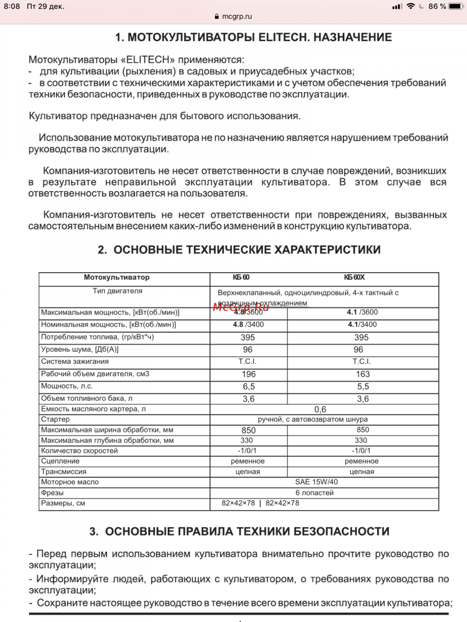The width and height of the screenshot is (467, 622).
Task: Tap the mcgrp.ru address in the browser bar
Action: (236, 17)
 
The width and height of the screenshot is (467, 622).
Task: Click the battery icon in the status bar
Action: (456, 6)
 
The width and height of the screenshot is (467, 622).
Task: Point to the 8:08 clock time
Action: (12, 6)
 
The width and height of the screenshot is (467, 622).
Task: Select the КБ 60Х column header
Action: (354, 277)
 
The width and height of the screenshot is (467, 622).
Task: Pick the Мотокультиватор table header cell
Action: (117, 277)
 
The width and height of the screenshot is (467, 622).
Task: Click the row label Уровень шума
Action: (80, 349)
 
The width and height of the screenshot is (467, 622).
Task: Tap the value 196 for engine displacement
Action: (249, 374)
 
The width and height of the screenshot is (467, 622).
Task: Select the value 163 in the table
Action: (362, 374)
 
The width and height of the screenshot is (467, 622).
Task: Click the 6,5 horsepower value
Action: (249, 386)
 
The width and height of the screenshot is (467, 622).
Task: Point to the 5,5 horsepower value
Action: (362, 386)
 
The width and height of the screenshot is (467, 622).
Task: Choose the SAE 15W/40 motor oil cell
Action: (316, 482)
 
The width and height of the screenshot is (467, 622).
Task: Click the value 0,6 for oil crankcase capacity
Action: (320, 410)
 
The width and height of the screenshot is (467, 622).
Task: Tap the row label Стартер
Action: (55, 419)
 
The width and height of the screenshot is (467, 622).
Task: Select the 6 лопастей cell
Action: (315, 493)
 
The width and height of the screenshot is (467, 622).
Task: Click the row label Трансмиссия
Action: (64, 471)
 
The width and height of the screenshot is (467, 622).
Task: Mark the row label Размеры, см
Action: (63, 503)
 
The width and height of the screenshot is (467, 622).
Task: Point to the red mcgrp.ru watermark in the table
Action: (241, 307)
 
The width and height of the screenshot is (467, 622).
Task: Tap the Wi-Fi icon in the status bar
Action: (411, 6)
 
